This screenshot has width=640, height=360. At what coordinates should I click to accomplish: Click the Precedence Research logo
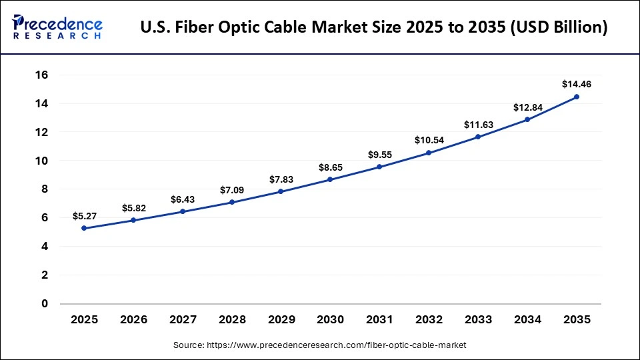pos(57,27)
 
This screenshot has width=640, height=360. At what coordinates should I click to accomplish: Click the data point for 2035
pos(577,97)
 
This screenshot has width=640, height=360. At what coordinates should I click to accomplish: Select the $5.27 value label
pos(85,216)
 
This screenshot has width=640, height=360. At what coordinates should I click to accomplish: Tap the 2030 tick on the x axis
pos(330,320)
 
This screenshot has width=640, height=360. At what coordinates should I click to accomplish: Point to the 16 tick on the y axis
pos(42,75)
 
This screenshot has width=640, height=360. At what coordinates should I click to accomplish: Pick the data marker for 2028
pos(231,202)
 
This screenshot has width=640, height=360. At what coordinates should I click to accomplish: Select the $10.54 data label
pos(429,140)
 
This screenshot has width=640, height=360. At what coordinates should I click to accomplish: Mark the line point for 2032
pos(429,153)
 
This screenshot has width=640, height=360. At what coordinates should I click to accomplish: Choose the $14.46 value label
pos(577,84)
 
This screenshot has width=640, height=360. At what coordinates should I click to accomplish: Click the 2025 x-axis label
pos(84,320)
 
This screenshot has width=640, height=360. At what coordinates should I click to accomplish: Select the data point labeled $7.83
pos(281,191)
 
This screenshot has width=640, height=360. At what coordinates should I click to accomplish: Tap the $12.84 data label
pos(527,107)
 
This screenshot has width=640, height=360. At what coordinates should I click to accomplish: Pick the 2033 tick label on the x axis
pos(478,320)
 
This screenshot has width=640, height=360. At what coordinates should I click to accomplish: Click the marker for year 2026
pos(133,220)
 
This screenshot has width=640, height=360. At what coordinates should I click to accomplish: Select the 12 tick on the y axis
pos(42,132)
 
